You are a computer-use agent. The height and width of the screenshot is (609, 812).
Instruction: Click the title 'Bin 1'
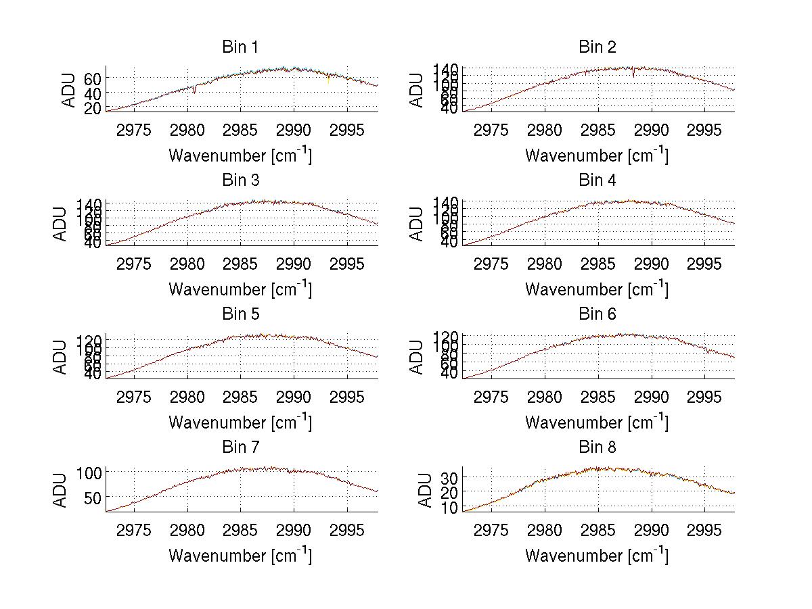tap(240, 47)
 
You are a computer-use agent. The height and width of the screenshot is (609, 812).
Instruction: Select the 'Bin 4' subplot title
tap(597, 180)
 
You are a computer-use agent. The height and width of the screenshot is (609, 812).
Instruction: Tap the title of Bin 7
tap(240, 447)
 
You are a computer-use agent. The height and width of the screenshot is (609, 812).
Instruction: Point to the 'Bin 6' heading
tap(597, 314)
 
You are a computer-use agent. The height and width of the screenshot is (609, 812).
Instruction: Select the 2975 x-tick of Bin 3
tap(134, 263)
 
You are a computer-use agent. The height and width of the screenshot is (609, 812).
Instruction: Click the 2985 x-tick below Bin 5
tap(241, 396)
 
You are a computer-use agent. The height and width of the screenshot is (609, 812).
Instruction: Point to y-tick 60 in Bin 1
tap(93, 78)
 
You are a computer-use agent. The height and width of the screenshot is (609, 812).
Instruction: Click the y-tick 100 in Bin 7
tap(89, 473)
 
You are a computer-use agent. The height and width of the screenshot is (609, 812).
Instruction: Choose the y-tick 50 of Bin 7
tap(93, 497)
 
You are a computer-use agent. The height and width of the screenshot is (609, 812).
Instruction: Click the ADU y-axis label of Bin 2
tap(417, 90)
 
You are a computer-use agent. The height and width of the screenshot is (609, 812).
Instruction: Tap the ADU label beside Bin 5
tap(60, 357)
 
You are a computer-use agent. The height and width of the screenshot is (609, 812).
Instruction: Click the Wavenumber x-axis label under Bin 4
tap(597, 289)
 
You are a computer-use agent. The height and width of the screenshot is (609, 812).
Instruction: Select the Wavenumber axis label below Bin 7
tap(240, 556)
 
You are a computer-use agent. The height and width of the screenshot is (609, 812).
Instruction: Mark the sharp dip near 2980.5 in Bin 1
tap(194, 91)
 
